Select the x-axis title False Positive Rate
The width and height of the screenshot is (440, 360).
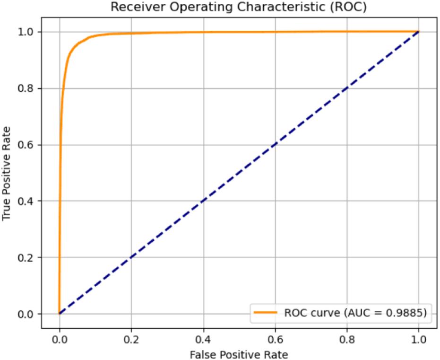(x=239, y=354)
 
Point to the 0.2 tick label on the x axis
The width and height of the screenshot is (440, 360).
(x=131, y=339)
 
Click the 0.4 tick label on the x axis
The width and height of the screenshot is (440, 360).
(x=203, y=339)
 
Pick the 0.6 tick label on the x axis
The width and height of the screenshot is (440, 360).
(x=275, y=339)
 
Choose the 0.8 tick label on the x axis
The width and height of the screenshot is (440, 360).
(x=347, y=339)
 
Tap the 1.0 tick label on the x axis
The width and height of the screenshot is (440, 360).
(x=419, y=339)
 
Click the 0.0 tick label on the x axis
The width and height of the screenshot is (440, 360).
(x=59, y=339)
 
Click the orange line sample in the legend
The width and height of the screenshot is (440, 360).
(x=266, y=312)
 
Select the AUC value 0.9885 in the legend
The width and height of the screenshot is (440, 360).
(x=408, y=312)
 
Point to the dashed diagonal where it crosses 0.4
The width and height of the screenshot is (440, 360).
(x=203, y=201)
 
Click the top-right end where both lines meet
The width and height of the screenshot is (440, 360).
(x=419, y=32)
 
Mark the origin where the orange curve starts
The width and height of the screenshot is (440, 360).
(x=59, y=314)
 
